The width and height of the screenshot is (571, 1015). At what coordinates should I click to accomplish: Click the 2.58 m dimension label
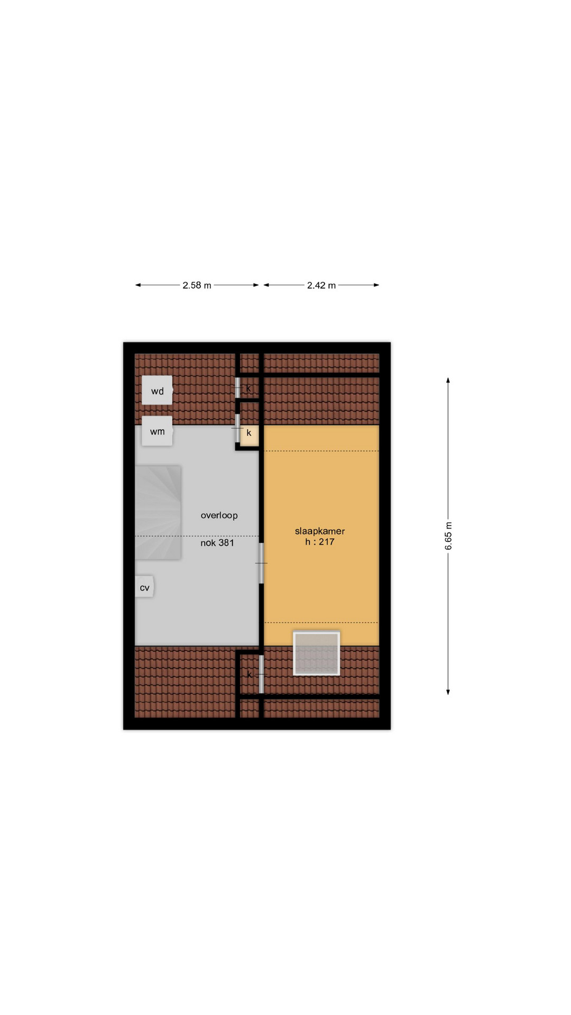[197, 285]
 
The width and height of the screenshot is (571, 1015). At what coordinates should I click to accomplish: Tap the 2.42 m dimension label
[321, 285]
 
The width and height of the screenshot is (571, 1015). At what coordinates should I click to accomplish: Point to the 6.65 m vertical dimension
[448, 536]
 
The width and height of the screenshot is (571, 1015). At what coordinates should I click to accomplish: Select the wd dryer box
[157, 391]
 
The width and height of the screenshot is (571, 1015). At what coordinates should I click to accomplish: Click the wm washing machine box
[157, 432]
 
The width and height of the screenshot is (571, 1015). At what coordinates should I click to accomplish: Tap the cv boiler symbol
[144, 587]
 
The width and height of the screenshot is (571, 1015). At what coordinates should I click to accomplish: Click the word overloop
[219, 515]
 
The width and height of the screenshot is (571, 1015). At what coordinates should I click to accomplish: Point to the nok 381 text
[217, 543]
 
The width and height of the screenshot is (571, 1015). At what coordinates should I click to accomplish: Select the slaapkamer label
[320, 531]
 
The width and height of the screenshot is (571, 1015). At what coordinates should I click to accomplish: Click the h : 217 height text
[320, 542]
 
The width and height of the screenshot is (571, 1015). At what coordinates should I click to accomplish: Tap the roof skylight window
[317, 653]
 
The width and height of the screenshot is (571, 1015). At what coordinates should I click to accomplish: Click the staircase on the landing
[158, 512]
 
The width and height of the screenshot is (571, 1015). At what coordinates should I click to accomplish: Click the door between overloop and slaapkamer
[261, 563]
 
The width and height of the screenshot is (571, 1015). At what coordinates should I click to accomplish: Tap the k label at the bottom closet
[249, 675]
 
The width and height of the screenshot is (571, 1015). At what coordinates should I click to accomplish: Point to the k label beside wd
[248, 389]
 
